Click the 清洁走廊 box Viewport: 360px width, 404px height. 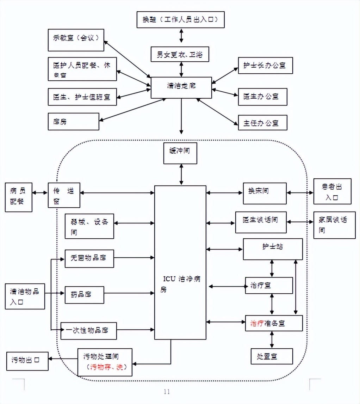coord(181,87)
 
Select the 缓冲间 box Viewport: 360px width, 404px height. coord(180,153)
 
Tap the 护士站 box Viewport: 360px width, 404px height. coord(273,249)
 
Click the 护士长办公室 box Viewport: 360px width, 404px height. coord(265,65)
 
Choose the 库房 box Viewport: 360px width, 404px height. coord(73,121)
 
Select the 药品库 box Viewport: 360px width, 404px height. coord(84,295)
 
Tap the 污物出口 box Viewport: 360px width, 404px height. coord(27,361)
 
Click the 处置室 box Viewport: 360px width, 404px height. coord(272,356)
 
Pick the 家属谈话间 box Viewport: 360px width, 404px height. coord(332,225)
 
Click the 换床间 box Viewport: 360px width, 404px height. coord(265,193)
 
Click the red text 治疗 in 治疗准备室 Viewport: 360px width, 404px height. coord(257,323)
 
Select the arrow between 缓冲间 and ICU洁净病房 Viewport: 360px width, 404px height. coord(181,175)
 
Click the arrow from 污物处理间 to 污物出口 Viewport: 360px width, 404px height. coord(63,359)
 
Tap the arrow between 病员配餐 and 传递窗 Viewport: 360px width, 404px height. coord(40,193)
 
